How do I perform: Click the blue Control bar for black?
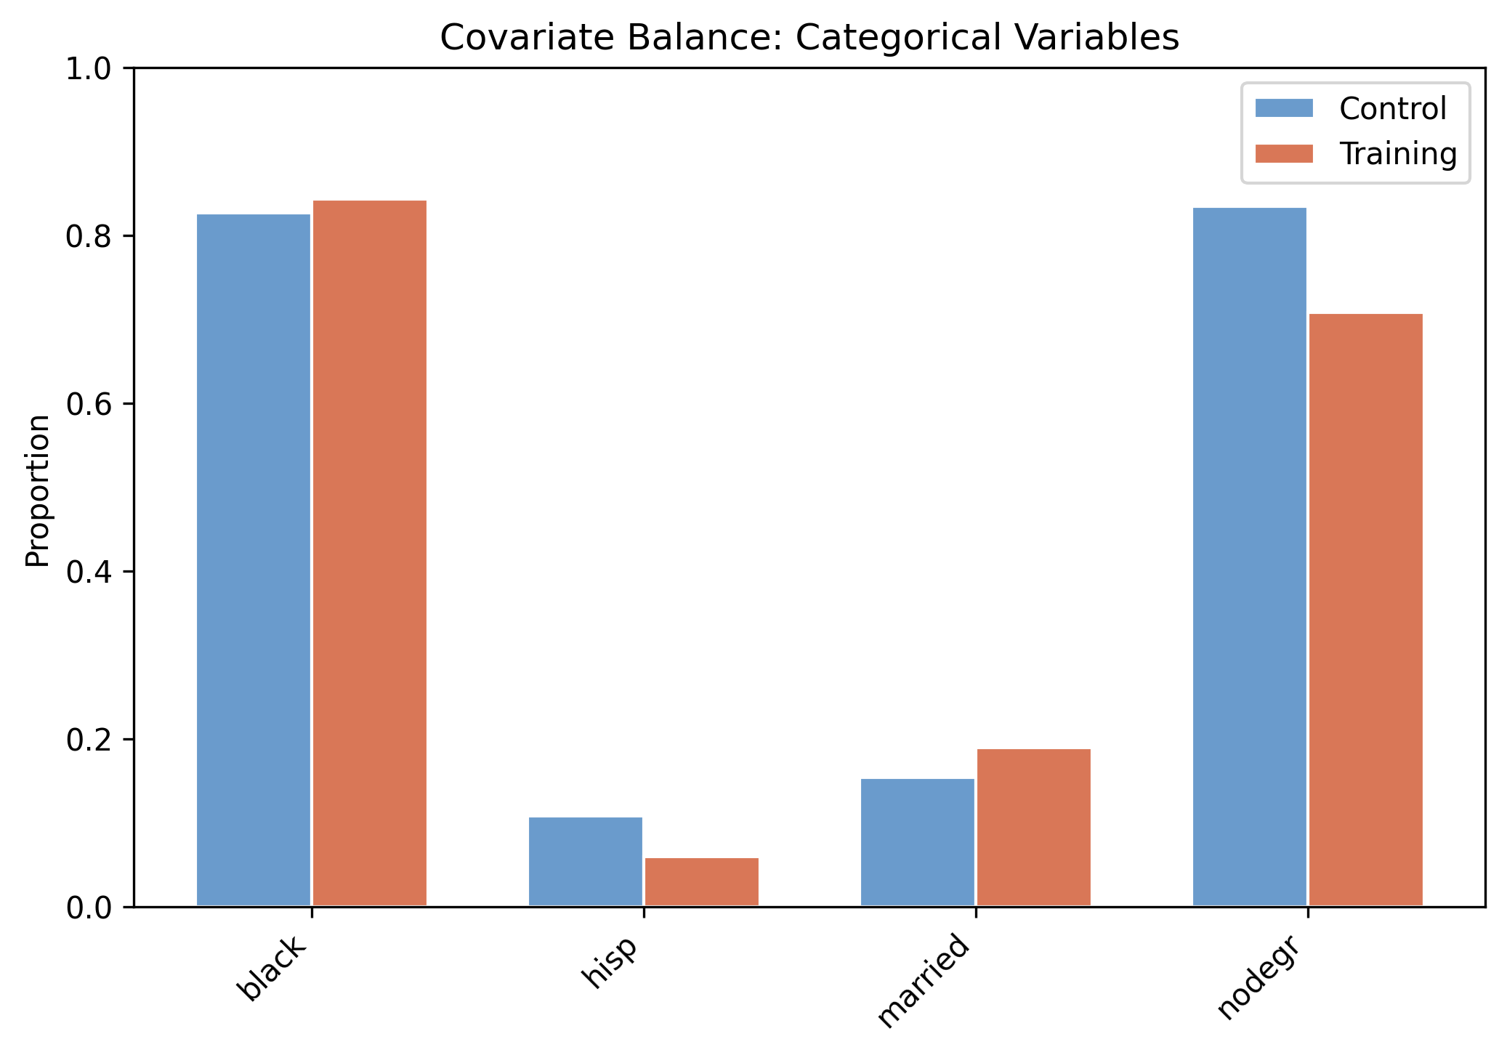254,559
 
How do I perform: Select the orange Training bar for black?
370,552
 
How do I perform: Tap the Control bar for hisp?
586,861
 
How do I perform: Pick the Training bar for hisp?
702,881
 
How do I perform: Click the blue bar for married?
918,842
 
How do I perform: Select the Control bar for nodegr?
1250,557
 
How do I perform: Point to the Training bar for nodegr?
1366,610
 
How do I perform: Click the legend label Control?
1393,109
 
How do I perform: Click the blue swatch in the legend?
1284,108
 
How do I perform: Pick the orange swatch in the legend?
1284,153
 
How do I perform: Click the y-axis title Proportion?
38,490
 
